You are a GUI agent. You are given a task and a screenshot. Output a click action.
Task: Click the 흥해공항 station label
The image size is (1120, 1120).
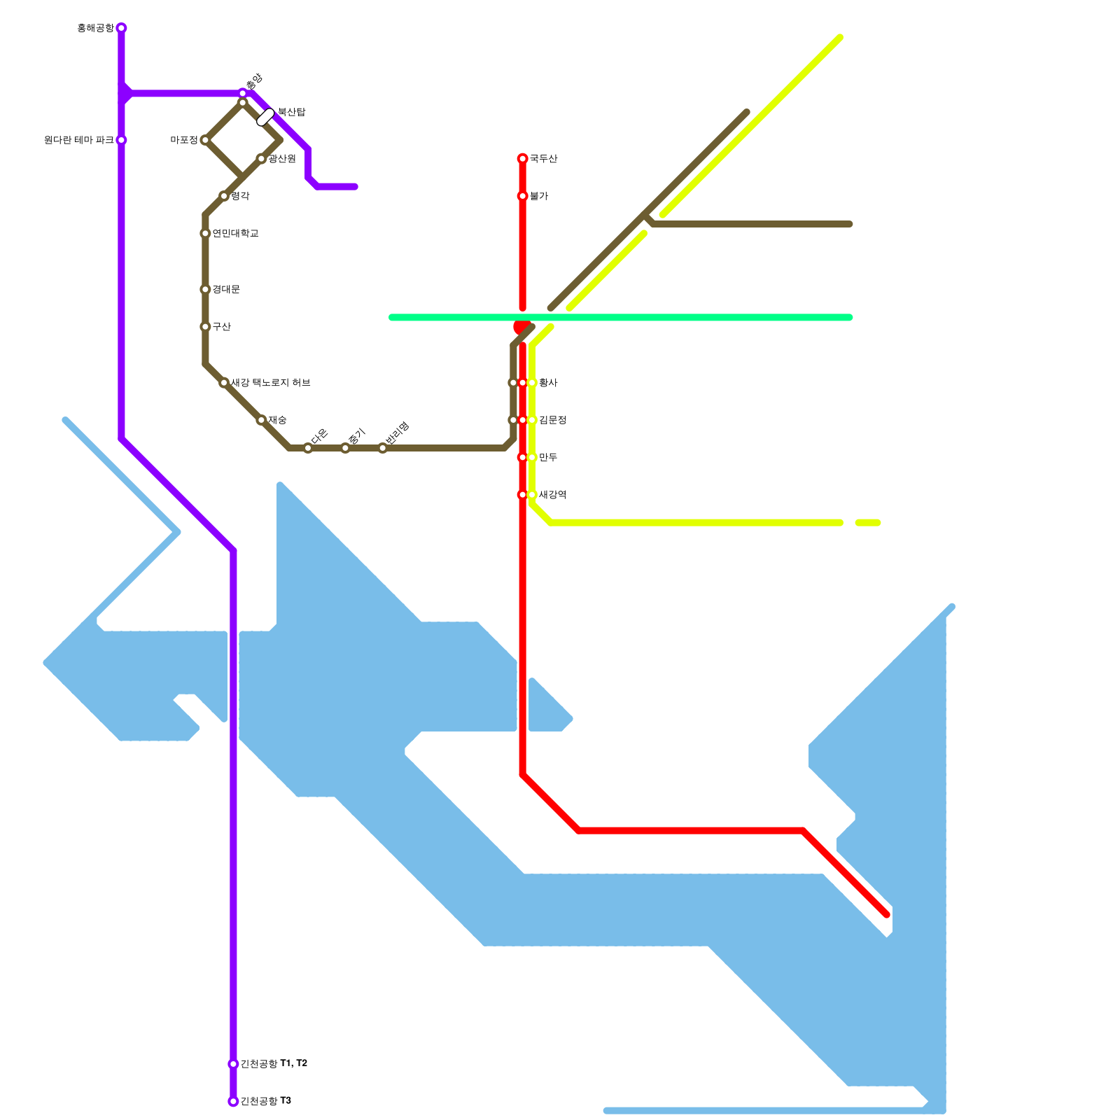click(94, 28)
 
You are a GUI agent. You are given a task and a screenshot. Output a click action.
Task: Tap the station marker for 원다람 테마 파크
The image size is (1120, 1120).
click(121, 140)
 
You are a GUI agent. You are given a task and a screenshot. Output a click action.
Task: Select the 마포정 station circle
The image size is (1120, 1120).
click(205, 140)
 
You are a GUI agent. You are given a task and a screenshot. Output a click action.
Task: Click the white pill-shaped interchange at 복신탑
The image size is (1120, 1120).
click(265, 117)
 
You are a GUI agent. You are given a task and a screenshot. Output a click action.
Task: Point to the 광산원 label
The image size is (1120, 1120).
click(282, 159)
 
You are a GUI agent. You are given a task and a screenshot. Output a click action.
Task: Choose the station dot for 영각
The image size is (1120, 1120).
click(224, 196)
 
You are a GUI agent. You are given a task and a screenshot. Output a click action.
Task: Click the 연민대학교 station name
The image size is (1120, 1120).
click(235, 233)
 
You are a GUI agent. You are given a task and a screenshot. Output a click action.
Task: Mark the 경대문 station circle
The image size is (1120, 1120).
click(205, 289)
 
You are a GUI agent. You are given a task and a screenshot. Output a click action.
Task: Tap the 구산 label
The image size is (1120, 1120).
click(221, 327)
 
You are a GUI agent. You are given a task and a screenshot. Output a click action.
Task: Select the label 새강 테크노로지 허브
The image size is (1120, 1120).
click(270, 383)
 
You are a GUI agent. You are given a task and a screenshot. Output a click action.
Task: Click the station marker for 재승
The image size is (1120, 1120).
click(261, 420)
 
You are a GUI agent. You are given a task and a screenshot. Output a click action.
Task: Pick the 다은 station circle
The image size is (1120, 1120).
click(308, 448)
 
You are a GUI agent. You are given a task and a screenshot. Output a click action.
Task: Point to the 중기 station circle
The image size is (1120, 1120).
click(345, 448)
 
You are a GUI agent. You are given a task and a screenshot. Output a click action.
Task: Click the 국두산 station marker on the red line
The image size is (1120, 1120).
click(522, 159)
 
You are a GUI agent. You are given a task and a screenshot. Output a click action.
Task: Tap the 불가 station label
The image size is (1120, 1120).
click(538, 196)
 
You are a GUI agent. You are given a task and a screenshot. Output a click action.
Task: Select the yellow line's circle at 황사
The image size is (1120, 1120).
click(532, 383)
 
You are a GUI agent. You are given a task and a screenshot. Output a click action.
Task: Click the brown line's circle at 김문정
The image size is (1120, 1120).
click(512, 420)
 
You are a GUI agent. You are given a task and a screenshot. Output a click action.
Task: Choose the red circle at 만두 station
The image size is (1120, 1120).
click(522, 457)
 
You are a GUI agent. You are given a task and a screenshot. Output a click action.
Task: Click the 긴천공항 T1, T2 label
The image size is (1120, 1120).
click(274, 1064)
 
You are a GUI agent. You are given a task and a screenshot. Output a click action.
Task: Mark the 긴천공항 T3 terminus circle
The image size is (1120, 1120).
click(233, 1101)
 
